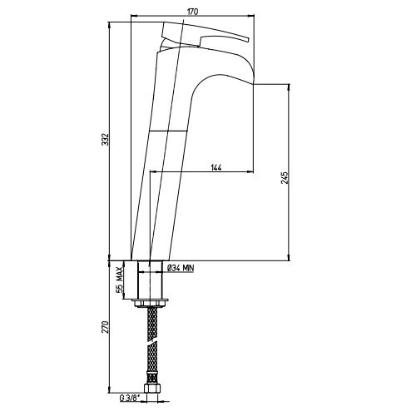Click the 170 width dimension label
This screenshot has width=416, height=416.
[x=192, y=12]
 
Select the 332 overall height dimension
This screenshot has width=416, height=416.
[x=106, y=139]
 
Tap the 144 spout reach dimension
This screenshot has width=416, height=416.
[x=216, y=167]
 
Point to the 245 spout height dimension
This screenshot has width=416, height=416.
[x=285, y=178]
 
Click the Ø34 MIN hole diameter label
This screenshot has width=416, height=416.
[x=181, y=268]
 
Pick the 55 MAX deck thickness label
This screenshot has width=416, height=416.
[x=119, y=280]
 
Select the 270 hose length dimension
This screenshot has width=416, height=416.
[x=106, y=327]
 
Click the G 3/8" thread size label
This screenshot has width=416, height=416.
[x=129, y=398]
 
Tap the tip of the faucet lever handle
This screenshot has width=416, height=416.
[x=248, y=39]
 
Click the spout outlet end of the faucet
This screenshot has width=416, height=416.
[x=254, y=83]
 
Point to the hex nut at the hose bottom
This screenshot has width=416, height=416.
[x=152, y=388]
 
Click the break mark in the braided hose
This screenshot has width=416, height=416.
[x=152, y=343]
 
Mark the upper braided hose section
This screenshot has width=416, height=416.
[x=151, y=324]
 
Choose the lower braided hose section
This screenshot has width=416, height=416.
[x=152, y=364]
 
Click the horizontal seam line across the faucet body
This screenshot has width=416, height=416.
[x=168, y=131]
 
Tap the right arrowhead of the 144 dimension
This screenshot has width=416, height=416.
[x=250, y=172]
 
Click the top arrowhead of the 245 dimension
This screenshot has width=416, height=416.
[x=289, y=87]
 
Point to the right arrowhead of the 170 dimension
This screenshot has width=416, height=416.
[x=251, y=16]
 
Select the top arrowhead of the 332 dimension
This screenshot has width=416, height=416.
[x=110, y=26]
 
